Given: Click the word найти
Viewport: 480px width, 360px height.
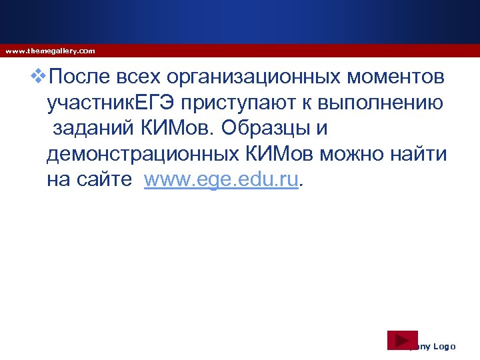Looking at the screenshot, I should pyautogui.click(x=419, y=153).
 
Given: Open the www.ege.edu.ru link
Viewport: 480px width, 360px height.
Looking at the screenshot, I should pyautogui.click(x=221, y=179).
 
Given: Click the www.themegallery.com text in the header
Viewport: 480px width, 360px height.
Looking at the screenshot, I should pyautogui.click(x=50, y=51).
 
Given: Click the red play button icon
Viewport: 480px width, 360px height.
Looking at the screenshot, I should pyautogui.click(x=402, y=340).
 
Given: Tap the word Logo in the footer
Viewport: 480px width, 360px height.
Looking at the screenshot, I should pyautogui.click(x=444, y=347).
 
